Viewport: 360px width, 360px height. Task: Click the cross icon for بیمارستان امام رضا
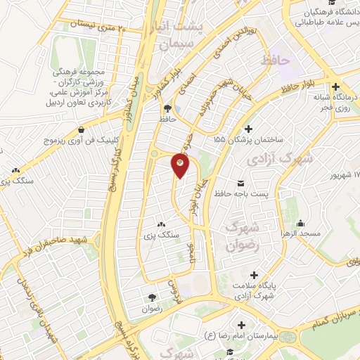coord(243,326)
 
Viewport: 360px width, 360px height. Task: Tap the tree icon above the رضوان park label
coord(151,298)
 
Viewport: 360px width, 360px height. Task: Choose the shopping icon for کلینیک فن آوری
coord(83,129)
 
